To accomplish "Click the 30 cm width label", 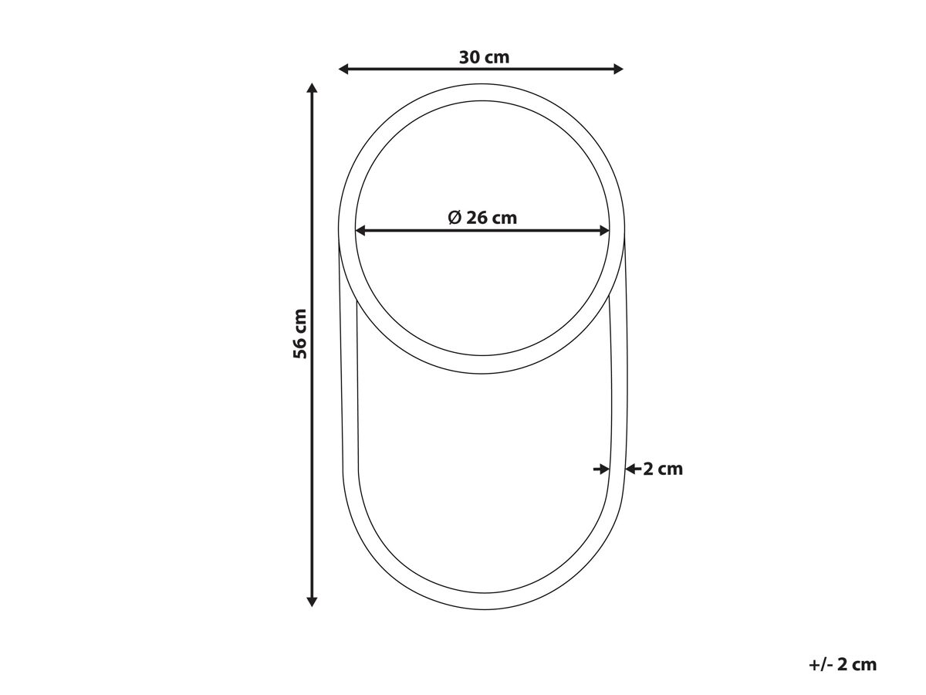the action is click(484, 57).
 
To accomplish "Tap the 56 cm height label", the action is click(300, 334).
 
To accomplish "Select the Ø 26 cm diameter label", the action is click(482, 218).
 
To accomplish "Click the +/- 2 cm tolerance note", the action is click(843, 665).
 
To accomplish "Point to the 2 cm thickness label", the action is click(663, 470).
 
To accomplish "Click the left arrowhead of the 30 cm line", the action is click(343, 69).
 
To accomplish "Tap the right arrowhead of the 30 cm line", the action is click(618, 69).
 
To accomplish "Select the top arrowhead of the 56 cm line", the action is click(312, 88).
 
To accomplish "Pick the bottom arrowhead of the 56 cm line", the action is click(312, 602).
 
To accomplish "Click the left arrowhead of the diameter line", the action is click(360, 230).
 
